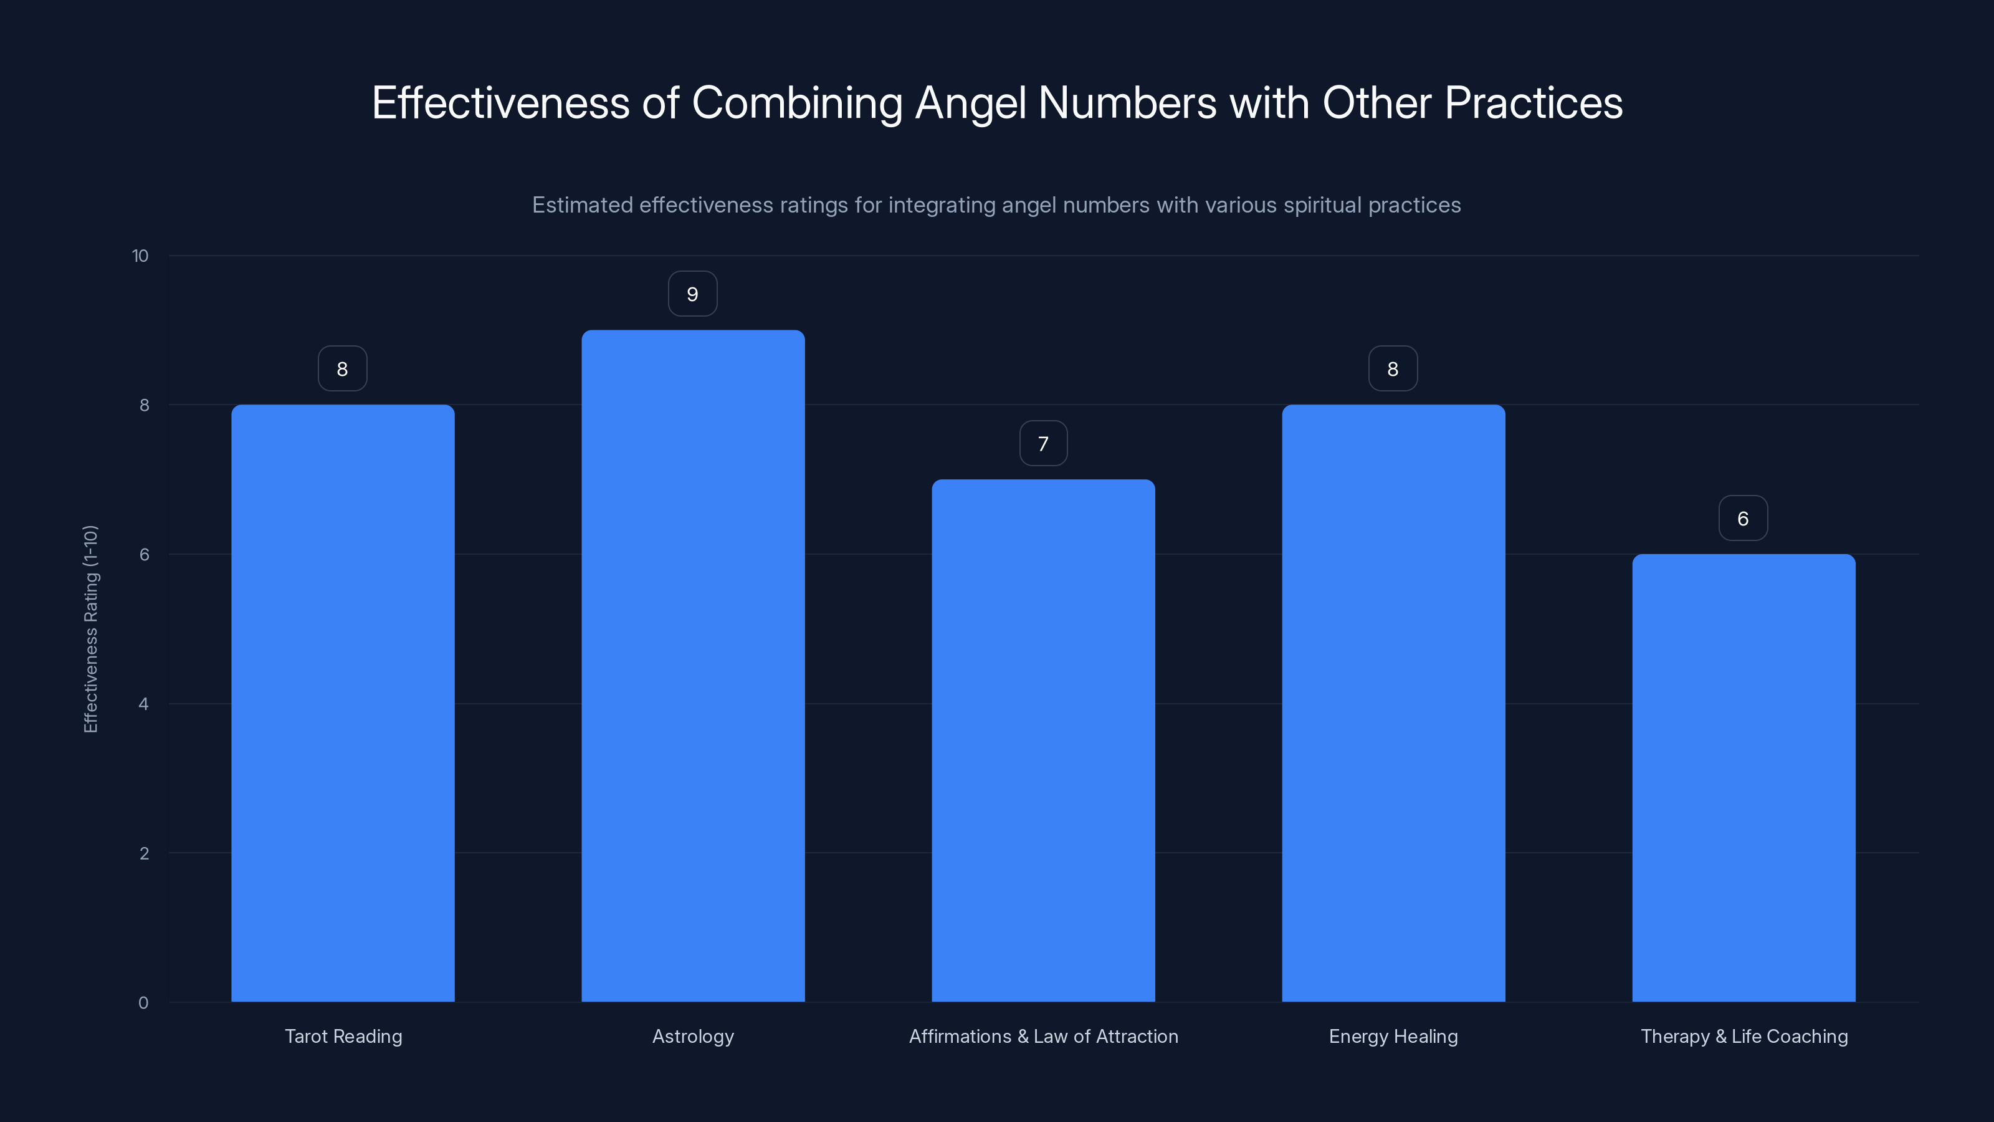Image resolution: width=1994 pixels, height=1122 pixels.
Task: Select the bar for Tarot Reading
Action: tap(343, 703)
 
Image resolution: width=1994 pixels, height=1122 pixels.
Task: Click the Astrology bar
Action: tap(693, 666)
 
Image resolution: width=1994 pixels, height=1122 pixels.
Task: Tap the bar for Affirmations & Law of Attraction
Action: tap(1044, 741)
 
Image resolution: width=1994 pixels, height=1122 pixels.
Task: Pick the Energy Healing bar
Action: tap(1393, 703)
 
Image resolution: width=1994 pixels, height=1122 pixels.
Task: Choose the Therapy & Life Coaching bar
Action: tap(1744, 777)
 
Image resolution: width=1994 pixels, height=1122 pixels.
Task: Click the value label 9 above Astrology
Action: tap(693, 294)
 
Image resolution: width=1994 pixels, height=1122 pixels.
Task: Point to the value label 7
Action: tap(1044, 444)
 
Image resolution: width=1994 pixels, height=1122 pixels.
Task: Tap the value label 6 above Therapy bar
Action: tap(1744, 519)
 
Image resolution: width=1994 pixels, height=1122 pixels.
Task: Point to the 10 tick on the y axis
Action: tap(140, 256)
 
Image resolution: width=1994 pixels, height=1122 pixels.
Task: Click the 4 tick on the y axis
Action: tap(143, 704)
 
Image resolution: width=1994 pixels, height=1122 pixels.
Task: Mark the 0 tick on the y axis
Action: tap(143, 1004)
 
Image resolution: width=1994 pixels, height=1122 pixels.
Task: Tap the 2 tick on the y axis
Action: tap(143, 854)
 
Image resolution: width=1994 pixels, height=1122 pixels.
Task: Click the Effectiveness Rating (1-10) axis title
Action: tap(90, 629)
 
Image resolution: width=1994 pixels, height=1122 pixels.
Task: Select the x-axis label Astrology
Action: tap(693, 1037)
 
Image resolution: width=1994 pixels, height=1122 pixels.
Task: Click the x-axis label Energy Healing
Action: tap(1393, 1037)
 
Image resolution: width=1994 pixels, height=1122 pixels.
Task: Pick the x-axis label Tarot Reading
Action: tap(343, 1037)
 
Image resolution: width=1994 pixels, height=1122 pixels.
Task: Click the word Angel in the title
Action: tap(971, 103)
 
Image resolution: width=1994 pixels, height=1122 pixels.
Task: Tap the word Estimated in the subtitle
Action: tap(582, 205)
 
